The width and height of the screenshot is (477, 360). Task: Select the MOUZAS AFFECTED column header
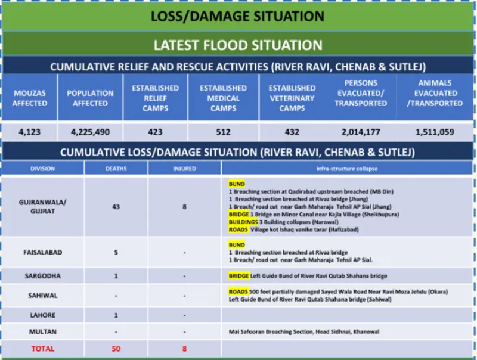30,98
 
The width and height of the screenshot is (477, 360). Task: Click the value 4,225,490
90,131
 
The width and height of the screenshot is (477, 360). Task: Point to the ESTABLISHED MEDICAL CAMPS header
223,98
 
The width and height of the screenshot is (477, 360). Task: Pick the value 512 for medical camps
223,131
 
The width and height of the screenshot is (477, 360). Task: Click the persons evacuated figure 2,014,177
361,131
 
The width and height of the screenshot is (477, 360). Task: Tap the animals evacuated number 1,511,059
435,131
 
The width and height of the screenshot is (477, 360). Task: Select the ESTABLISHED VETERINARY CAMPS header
292,98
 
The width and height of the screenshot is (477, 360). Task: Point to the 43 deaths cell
116,207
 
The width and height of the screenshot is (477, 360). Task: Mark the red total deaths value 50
116,349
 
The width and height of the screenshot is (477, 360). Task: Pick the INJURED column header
184,169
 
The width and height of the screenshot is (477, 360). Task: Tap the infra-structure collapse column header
347,169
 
